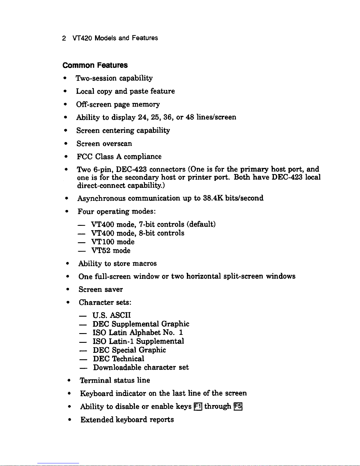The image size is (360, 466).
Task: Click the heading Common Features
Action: tap(95, 65)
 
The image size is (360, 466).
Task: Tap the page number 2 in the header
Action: tap(64, 38)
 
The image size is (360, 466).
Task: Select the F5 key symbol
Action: tap(238, 407)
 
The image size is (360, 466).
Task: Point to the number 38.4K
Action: tap(213, 198)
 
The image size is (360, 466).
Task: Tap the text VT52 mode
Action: tap(111, 251)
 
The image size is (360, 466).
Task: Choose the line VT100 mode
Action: tap(113, 242)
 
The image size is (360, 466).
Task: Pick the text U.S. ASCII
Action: tap(111, 315)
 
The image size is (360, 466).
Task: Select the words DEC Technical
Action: tap(118, 359)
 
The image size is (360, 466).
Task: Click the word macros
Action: tap(144, 263)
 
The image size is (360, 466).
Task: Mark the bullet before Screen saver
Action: tap(68, 290)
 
